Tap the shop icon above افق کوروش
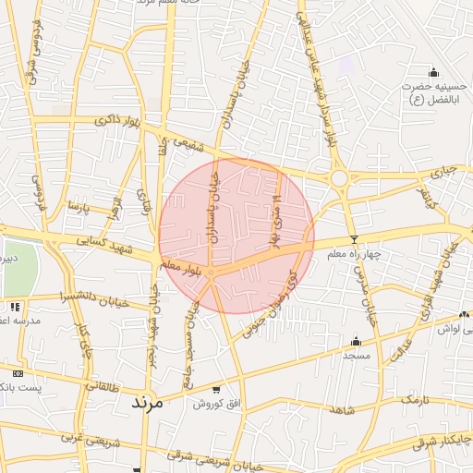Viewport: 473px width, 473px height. [216, 389]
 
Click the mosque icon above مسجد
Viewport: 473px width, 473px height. [356, 341]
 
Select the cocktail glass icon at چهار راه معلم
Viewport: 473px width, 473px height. [353, 239]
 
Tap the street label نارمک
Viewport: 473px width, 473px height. [416, 399]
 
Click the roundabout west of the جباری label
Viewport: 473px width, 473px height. [339, 177]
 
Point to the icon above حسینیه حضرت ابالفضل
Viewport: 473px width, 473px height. [433, 73]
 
